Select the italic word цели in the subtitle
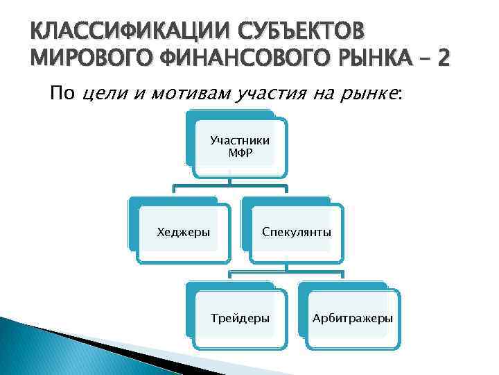(x=104, y=94)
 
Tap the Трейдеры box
(x=240, y=318)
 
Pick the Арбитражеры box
(x=352, y=318)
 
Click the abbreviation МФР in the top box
(x=240, y=153)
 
